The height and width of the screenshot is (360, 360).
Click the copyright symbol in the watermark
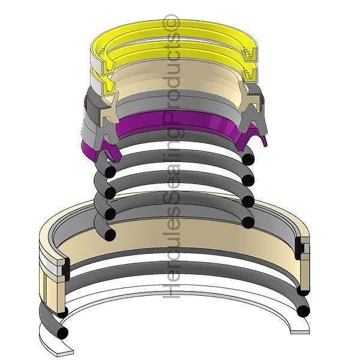click(171, 22)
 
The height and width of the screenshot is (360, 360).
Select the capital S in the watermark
click(171, 201)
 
